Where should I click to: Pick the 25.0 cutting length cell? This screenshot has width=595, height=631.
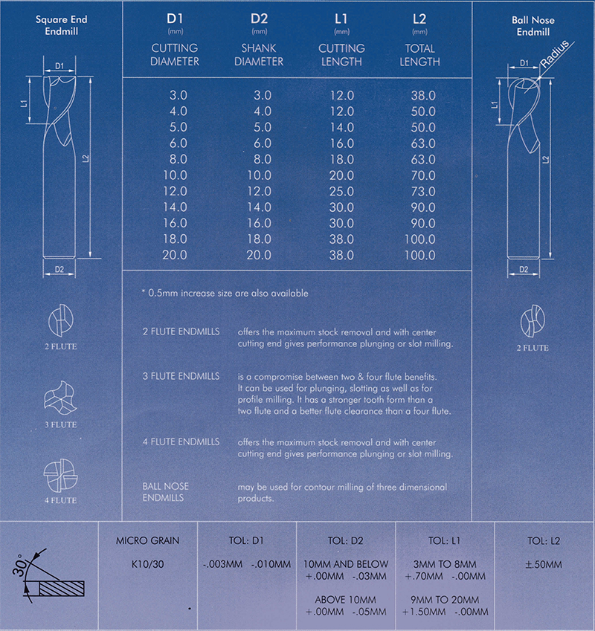coord(341,190)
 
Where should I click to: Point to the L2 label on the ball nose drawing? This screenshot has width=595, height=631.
coord(547,160)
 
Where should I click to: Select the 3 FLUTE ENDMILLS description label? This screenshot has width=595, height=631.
coord(181,376)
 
